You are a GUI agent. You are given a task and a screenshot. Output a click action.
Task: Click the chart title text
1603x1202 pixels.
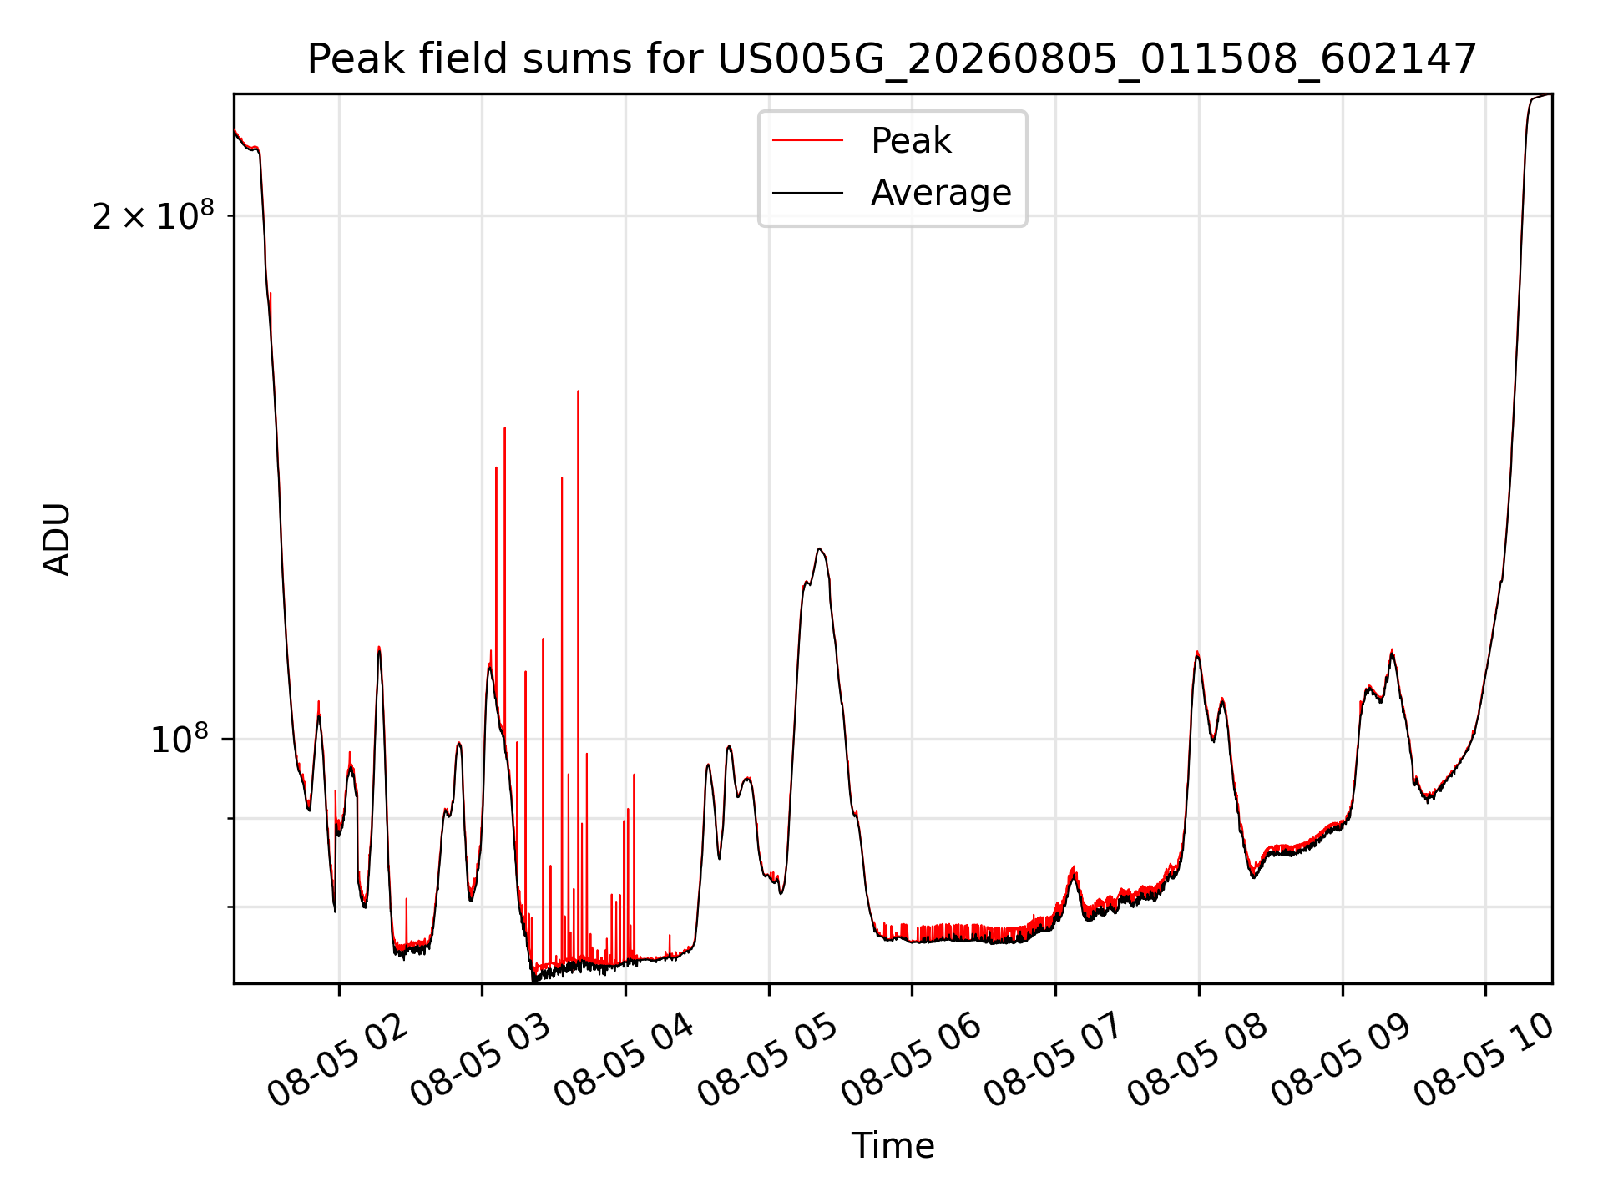click(893, 59)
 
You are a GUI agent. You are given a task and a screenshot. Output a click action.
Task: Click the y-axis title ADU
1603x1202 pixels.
click(57, 539)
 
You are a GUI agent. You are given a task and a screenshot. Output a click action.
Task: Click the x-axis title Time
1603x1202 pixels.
click(893, 1145)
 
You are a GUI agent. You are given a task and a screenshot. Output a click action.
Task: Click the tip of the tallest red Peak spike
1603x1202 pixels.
click(578, 391)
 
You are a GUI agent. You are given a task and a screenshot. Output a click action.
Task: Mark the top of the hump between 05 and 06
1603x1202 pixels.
click(820, 548)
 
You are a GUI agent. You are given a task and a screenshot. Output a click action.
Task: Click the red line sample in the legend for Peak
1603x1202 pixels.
click(807, 141)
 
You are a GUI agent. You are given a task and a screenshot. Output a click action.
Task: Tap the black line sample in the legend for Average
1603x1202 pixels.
click(807, 193)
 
